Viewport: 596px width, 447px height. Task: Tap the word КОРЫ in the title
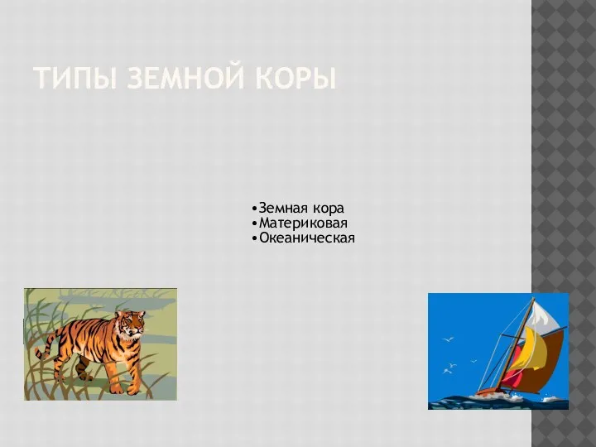pos(295,79)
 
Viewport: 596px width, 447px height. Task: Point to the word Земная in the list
pos(283,209)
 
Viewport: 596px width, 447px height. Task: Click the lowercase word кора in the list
pos(329,209)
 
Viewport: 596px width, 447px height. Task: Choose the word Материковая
pos(303,223)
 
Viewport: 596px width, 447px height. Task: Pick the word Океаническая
pos(307,238)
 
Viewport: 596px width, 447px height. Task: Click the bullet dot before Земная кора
pos(254,209)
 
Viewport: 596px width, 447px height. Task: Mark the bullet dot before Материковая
pos(254,223)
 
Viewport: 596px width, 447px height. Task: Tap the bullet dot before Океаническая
pos(254,238)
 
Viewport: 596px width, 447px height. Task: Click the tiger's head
pos(131,323)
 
